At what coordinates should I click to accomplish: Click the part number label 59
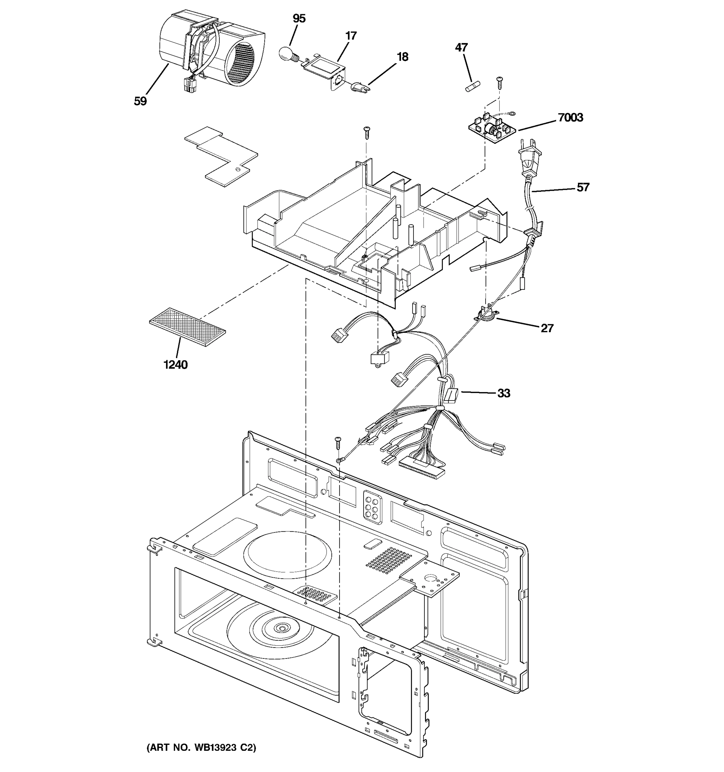140,101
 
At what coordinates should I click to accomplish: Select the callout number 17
351,36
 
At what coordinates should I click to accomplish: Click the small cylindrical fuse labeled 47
471,86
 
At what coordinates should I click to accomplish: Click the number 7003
570,117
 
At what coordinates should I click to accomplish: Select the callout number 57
583,187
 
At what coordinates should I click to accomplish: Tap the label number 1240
175,365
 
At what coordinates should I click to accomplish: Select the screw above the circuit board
499,83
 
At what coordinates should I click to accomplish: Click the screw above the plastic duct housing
366,132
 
